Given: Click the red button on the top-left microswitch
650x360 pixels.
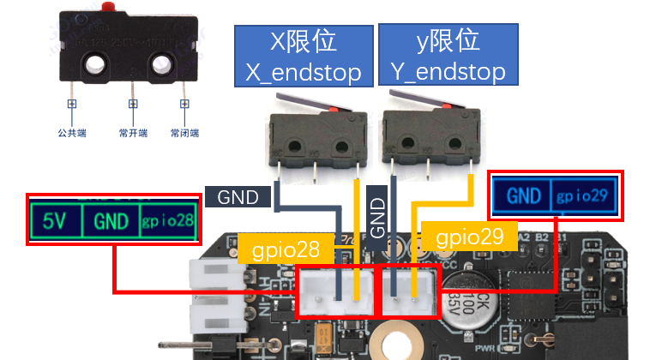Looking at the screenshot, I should point(109,7).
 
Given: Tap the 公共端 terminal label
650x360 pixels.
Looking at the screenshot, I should point(73,134).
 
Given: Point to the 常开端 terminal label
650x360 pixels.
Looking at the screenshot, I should point(133,134).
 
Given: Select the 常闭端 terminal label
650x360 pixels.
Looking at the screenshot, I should point(184,134).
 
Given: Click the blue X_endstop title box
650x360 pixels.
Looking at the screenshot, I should point(304,56).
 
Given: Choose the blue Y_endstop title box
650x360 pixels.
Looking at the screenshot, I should point(448,56).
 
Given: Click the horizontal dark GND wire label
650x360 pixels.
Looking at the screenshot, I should point(238,197).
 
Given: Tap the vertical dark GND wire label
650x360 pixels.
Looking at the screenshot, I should point(377,218).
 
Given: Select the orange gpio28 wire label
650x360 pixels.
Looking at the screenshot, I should point(286,250).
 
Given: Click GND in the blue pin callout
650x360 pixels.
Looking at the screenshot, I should point(523,196).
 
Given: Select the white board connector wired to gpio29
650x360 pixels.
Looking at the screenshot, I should point(408,292).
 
